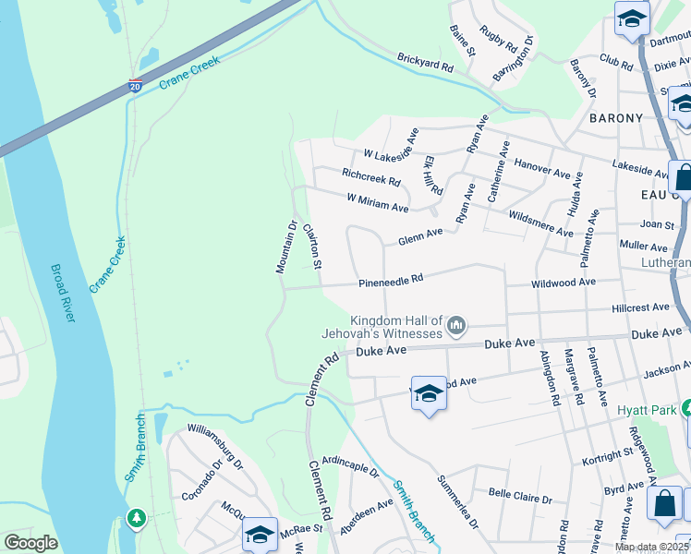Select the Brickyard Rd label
click(x=426, y=62)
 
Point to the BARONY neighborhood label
click(x=615, y=118)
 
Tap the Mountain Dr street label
click(x=285, y=247)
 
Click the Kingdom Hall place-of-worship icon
click(x=455, y=325)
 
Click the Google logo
click(x=30, y=543)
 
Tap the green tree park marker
click(x=137, y=518)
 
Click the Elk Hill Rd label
click(x=433, y=175)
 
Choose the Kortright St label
click(x=608, y=454)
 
